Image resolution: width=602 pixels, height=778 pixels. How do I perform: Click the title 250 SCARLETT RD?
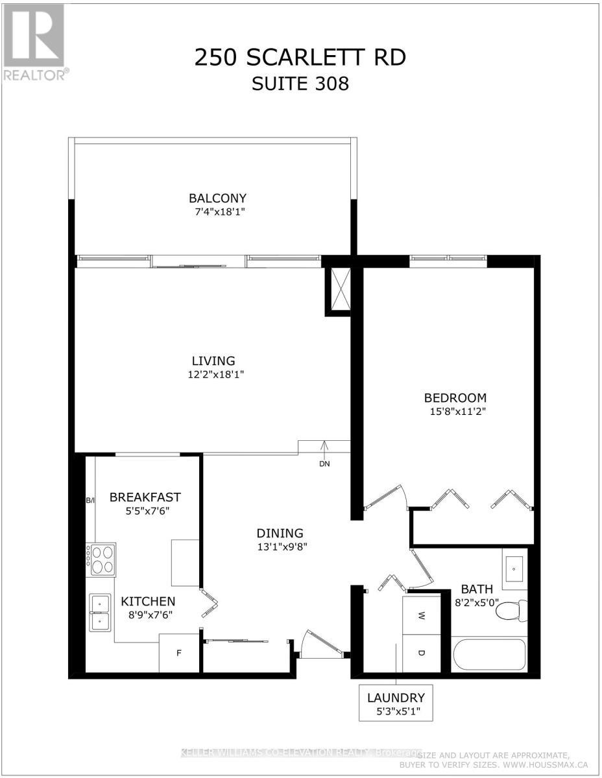300,57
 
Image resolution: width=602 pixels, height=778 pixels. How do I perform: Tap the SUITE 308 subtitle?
300,84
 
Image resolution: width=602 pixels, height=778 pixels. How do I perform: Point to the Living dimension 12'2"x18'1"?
213,374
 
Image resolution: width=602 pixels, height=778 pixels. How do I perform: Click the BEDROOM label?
455,398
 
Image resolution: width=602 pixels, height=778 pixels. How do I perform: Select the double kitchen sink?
101,612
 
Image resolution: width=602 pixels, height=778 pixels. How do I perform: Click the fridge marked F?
178,653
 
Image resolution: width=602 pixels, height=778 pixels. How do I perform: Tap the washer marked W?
420,615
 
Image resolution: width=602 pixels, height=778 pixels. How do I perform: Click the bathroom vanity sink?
515,569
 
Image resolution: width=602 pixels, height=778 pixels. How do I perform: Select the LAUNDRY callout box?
396,704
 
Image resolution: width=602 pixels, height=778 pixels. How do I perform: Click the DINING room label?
280,533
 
